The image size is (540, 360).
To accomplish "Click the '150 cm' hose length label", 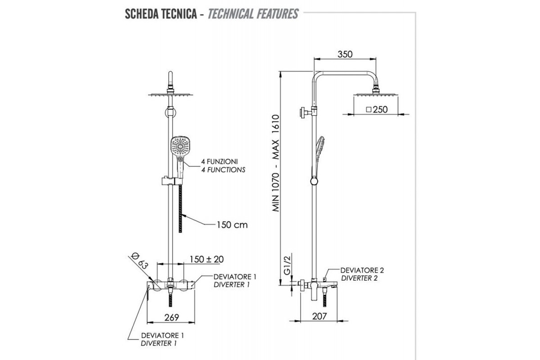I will pos(232,225).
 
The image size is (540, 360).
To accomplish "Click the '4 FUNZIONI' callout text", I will pos(216,162).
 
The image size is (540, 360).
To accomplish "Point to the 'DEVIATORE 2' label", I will pos(362,270).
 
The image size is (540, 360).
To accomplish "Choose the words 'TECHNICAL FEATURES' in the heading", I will pos(253,14).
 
